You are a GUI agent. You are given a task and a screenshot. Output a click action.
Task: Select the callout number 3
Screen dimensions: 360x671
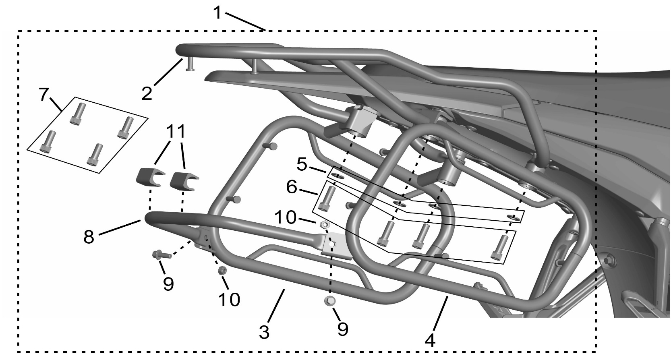pos(264,333)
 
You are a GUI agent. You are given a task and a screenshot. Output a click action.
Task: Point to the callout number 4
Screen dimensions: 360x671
pos(430,340)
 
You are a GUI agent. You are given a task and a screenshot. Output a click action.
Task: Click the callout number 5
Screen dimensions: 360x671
pos(302,164)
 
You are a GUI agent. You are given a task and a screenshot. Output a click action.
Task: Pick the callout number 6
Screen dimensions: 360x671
pos(291,188)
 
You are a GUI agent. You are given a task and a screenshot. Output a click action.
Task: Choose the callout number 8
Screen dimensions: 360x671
pos(89,236)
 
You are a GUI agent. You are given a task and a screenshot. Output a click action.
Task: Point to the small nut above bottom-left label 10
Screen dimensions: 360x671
pos(221,270)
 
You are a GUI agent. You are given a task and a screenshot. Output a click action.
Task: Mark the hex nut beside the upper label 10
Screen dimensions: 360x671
pos(325,225)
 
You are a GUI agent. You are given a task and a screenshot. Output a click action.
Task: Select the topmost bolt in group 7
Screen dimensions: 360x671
pos(78,113)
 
